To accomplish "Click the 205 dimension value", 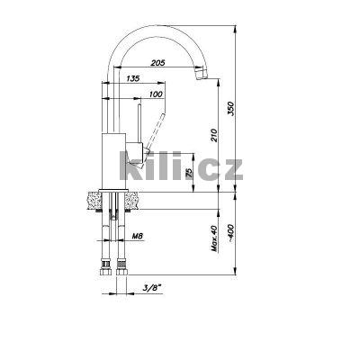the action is tap(158, 63).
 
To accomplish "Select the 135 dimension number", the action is tap(133, 78).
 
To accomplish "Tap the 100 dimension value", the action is tap(156, 94).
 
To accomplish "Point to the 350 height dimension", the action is tap(231, 109).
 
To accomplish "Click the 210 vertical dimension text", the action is tap(213, 135).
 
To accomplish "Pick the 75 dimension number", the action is tap(189, 173).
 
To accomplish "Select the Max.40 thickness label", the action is tap(214, 238).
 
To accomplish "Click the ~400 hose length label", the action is tap(230, 233).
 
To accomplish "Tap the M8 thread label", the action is tap(138, 237).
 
